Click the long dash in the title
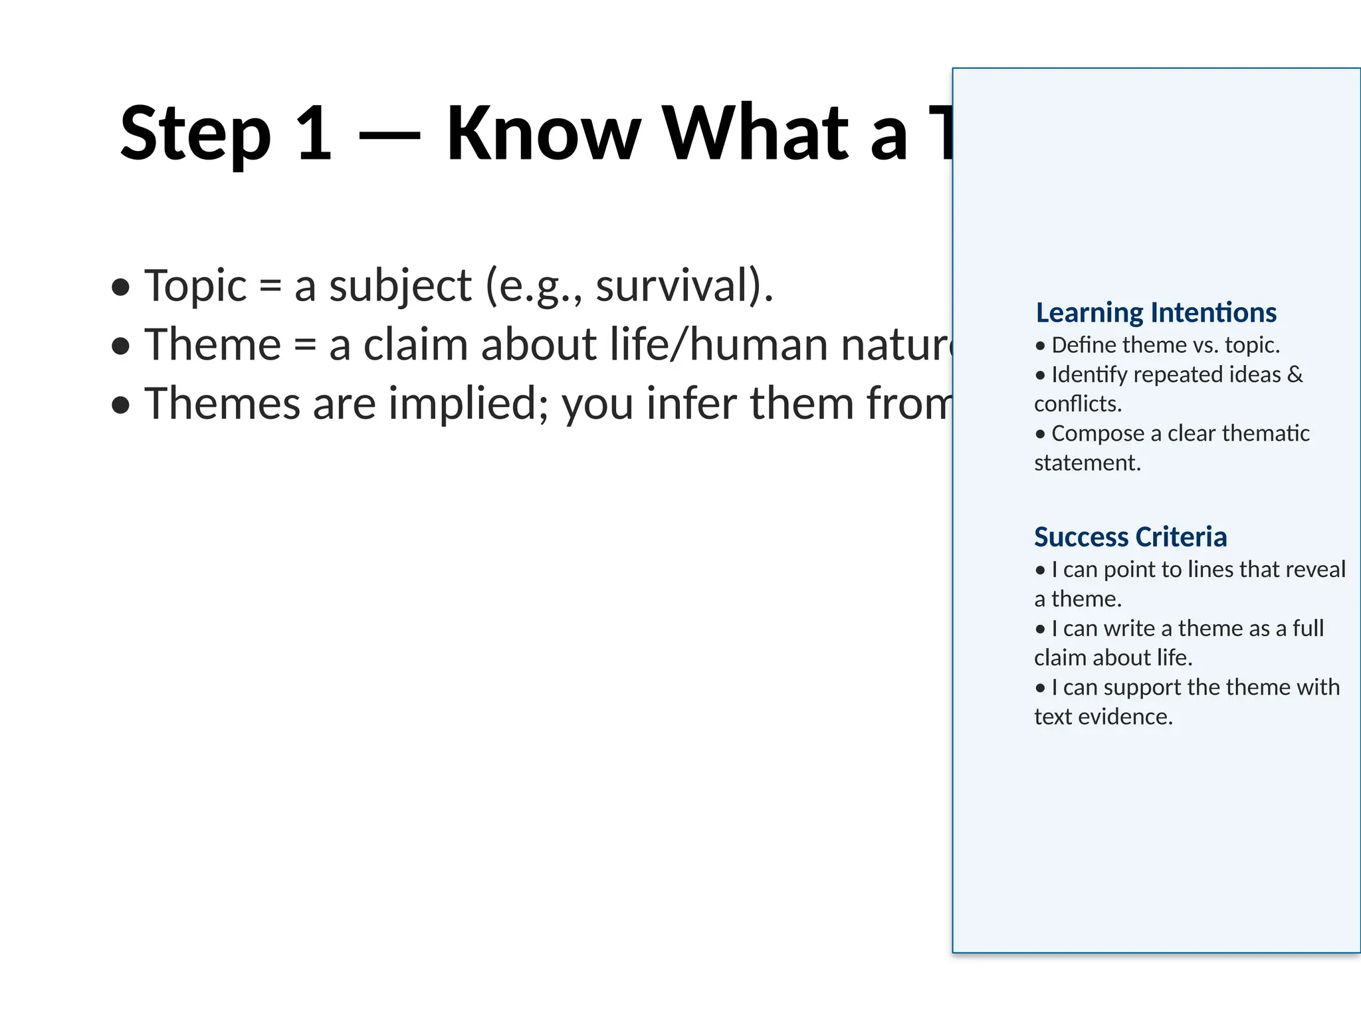389,136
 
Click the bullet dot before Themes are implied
120,405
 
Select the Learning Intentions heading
1156,312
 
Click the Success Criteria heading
1130,537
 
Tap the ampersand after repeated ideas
1295,374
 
